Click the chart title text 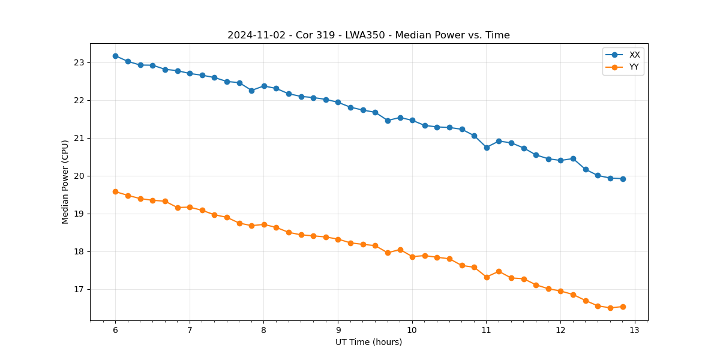[x=368, y=35]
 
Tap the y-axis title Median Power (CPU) [x=65, y=182]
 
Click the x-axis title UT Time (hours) [x=368, y=342]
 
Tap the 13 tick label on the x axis [x=635, y=330]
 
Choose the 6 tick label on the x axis [x=115, y=330]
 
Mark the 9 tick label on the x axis [x=338, y=330]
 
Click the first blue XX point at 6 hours [x=115, y=56]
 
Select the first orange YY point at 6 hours [x=115, y=191]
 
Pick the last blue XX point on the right [x=623, y=179]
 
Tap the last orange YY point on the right [x=623, y=307]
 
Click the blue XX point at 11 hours [x=487, y=147]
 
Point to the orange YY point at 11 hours [x=487, y=277]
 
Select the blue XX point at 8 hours [x=264, y=86]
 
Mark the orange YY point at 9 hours [x=338, y=239]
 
